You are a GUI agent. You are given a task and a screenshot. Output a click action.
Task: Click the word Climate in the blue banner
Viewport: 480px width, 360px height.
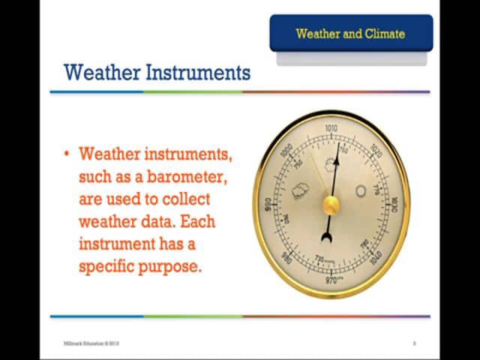(x=385, y=34)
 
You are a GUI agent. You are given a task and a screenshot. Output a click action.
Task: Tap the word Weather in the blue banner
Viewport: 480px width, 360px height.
(x=319, y=34)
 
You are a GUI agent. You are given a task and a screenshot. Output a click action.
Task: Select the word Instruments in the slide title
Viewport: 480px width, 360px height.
(x=198, y=73)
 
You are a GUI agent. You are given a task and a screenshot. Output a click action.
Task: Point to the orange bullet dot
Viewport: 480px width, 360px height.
(x=67, y=154)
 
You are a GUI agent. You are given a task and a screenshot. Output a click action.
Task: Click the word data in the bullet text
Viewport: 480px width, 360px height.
(x=157, y=222)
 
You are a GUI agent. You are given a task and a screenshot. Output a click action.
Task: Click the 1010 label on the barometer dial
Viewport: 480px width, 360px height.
(x=331, y=129)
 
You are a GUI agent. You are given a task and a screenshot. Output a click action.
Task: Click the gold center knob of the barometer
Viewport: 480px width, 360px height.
(x=331, y=205)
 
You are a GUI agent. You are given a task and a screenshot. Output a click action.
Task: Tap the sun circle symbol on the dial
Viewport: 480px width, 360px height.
(x=361, y=191)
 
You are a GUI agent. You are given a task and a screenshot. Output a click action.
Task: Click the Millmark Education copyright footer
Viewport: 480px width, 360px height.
(x=91, y=343)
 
